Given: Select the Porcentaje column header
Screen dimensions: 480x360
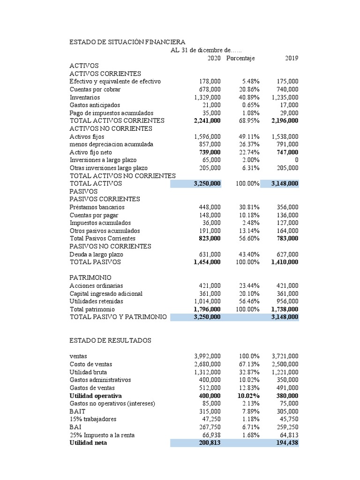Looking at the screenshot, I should point(240,58).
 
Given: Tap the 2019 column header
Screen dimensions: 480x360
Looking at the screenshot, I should point(291,58).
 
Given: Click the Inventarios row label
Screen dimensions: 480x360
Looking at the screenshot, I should point(84,97).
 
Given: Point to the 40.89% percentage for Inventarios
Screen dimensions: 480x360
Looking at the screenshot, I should point(247,97).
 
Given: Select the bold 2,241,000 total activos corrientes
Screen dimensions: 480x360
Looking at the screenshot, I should point(207,120).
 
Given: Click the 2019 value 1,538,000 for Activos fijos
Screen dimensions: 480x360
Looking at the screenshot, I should point(285,136).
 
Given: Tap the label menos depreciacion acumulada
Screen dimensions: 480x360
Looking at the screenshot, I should point(112,144).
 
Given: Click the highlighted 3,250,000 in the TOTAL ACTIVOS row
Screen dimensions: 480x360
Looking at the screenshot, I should point(207,184).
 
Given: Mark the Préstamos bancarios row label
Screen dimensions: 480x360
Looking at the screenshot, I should point(97,207).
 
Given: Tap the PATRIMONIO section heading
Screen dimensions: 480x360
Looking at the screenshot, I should point(90,277).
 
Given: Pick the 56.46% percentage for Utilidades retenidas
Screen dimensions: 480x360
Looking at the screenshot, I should point(247,301).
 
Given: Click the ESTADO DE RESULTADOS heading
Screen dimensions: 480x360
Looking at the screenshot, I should point(110,340).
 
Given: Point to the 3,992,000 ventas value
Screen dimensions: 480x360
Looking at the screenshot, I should point(207,356).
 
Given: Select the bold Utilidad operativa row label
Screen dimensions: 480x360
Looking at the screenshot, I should point(95,396).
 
